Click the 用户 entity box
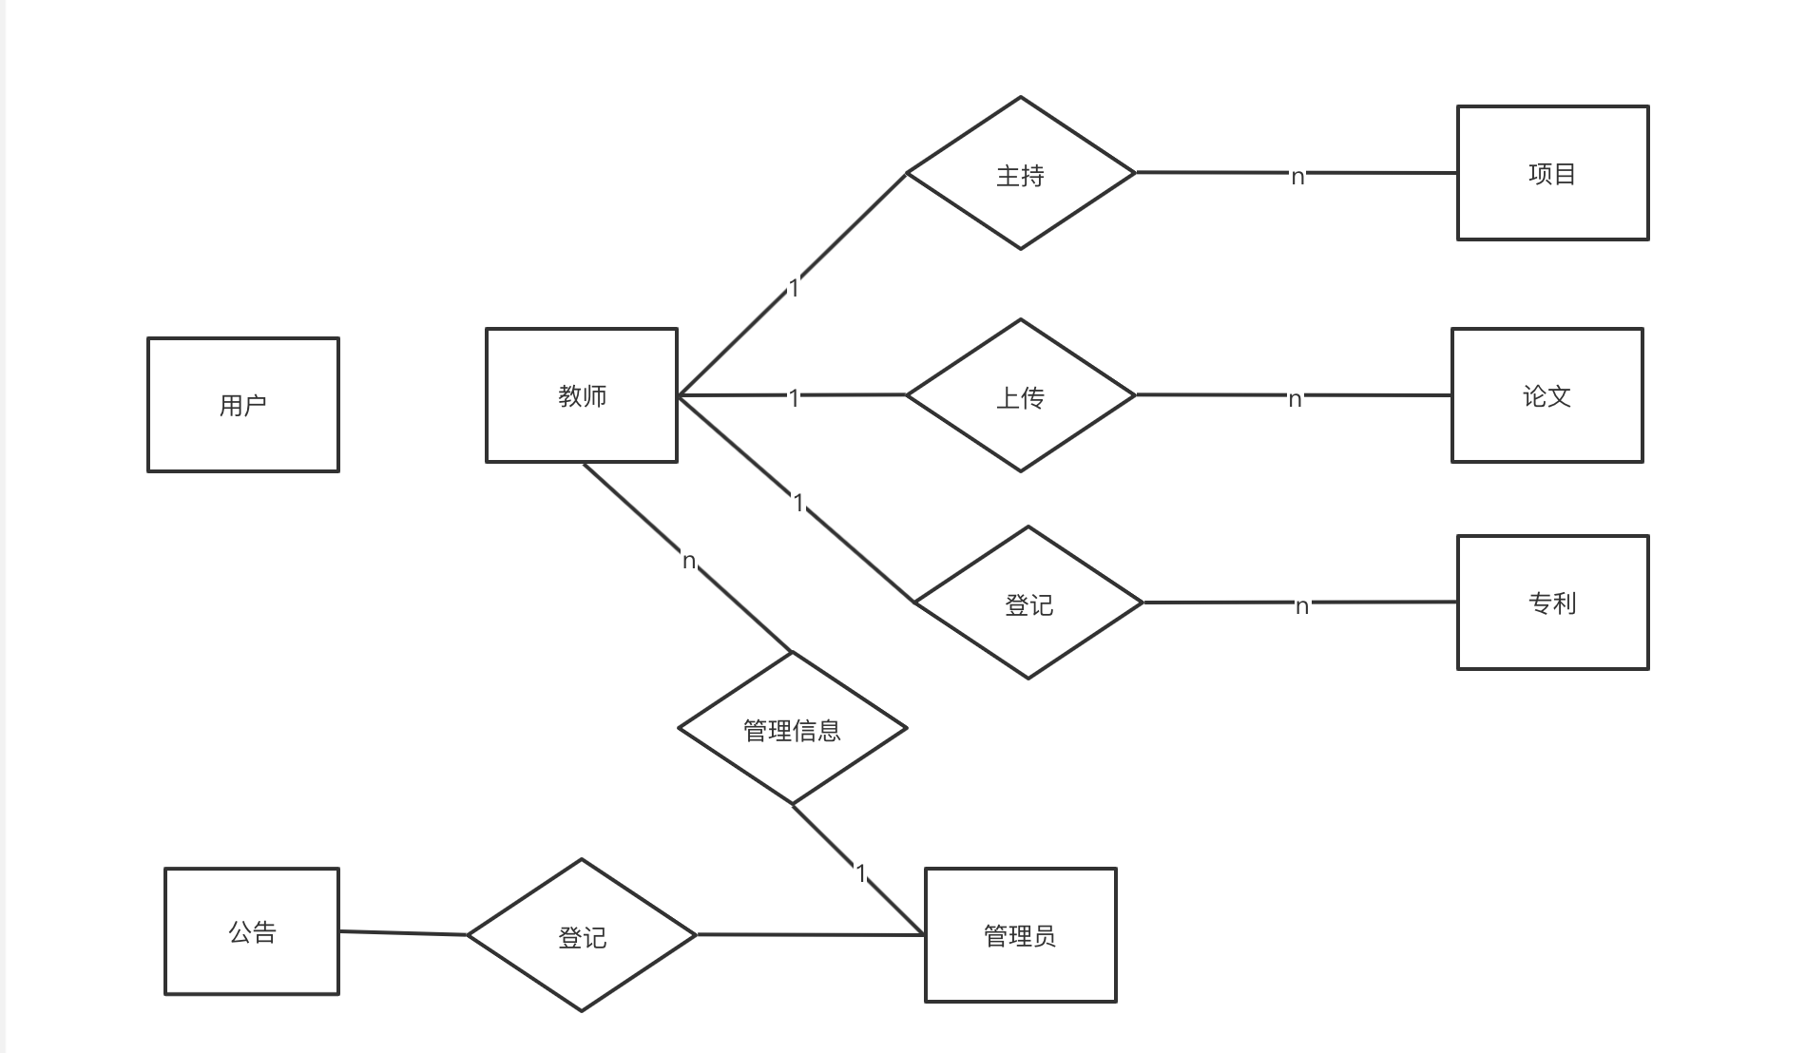(x=243, y=405)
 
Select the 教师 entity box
(x=582, y=395)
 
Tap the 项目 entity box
(x=1552, y=173)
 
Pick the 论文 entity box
(x=1547, y=395)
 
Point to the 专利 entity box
(x=1552, y=603)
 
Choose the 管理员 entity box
(x=1020, y=935)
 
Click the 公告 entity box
(x=252, y=931)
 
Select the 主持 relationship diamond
(x=1021, y=174)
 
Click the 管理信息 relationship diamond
(x=792, y=729)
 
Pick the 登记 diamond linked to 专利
(x=1028, y=603)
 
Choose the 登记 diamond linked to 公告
(x=582, y=936)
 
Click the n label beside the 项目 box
(x=1297, y=176)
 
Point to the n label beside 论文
(x=1295, y=399)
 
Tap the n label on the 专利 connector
(x=1302, y=605)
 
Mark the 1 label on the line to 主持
(x=795, y=287)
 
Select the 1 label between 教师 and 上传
(x=795, y=398)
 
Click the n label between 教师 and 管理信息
(x=689, y=561)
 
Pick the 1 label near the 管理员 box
(x=861, y=872)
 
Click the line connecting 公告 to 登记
(x=403, y=933)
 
